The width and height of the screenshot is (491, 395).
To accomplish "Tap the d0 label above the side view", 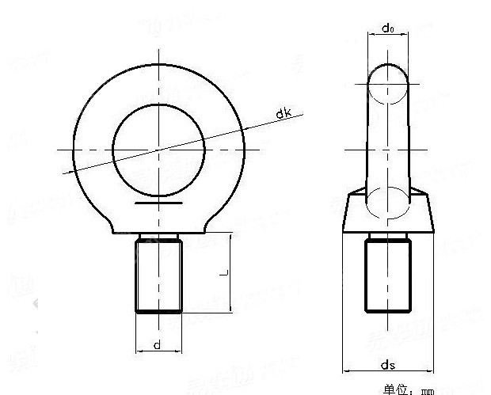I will pyautogui.click(x=387, y=28).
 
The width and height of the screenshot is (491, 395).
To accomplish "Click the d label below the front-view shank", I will pyautogui.click(x=158, y=344).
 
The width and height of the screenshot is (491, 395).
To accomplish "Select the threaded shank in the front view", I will pyautogui.click(x=159, y=275).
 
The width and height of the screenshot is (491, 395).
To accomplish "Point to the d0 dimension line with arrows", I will pyautogui.click(x=387, y=36).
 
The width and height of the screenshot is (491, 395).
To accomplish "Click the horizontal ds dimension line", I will pyautogui.click(x=387, y=371).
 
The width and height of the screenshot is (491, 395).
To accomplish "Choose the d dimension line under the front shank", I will pyautogui.click(x=159, y=351).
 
